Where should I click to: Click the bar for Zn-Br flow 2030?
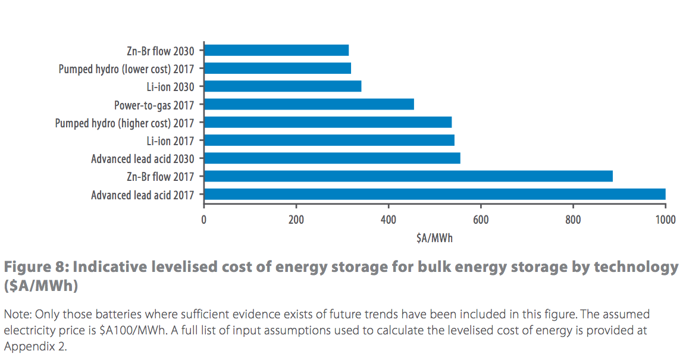coord(276,50)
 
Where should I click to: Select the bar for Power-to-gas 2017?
coord(309,105)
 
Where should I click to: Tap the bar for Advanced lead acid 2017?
coord(434,195)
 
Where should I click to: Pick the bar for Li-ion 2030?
coord(283,86)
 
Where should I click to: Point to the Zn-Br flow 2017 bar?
coord(408,176)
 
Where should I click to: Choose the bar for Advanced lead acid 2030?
coord(332,158)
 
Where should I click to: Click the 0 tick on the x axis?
coord(204,220)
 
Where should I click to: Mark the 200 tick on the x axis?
coord(296,220)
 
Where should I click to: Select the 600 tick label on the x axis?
coord(481,220)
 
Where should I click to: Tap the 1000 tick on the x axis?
coord(665,220)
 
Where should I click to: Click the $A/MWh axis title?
coord(435,238)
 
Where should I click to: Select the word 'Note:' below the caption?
coord(18,314)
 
